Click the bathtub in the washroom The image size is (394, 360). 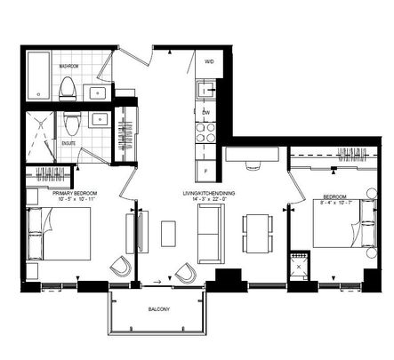coord(38,76)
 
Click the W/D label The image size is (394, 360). coord(209,62)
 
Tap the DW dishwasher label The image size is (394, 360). coord(205,112)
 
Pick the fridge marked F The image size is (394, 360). coord(206,168)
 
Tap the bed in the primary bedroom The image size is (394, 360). coord(58,234)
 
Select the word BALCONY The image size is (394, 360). coord(161,309)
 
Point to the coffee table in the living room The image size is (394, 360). coord(169,233)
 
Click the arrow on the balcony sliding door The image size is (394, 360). coord(157,282)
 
